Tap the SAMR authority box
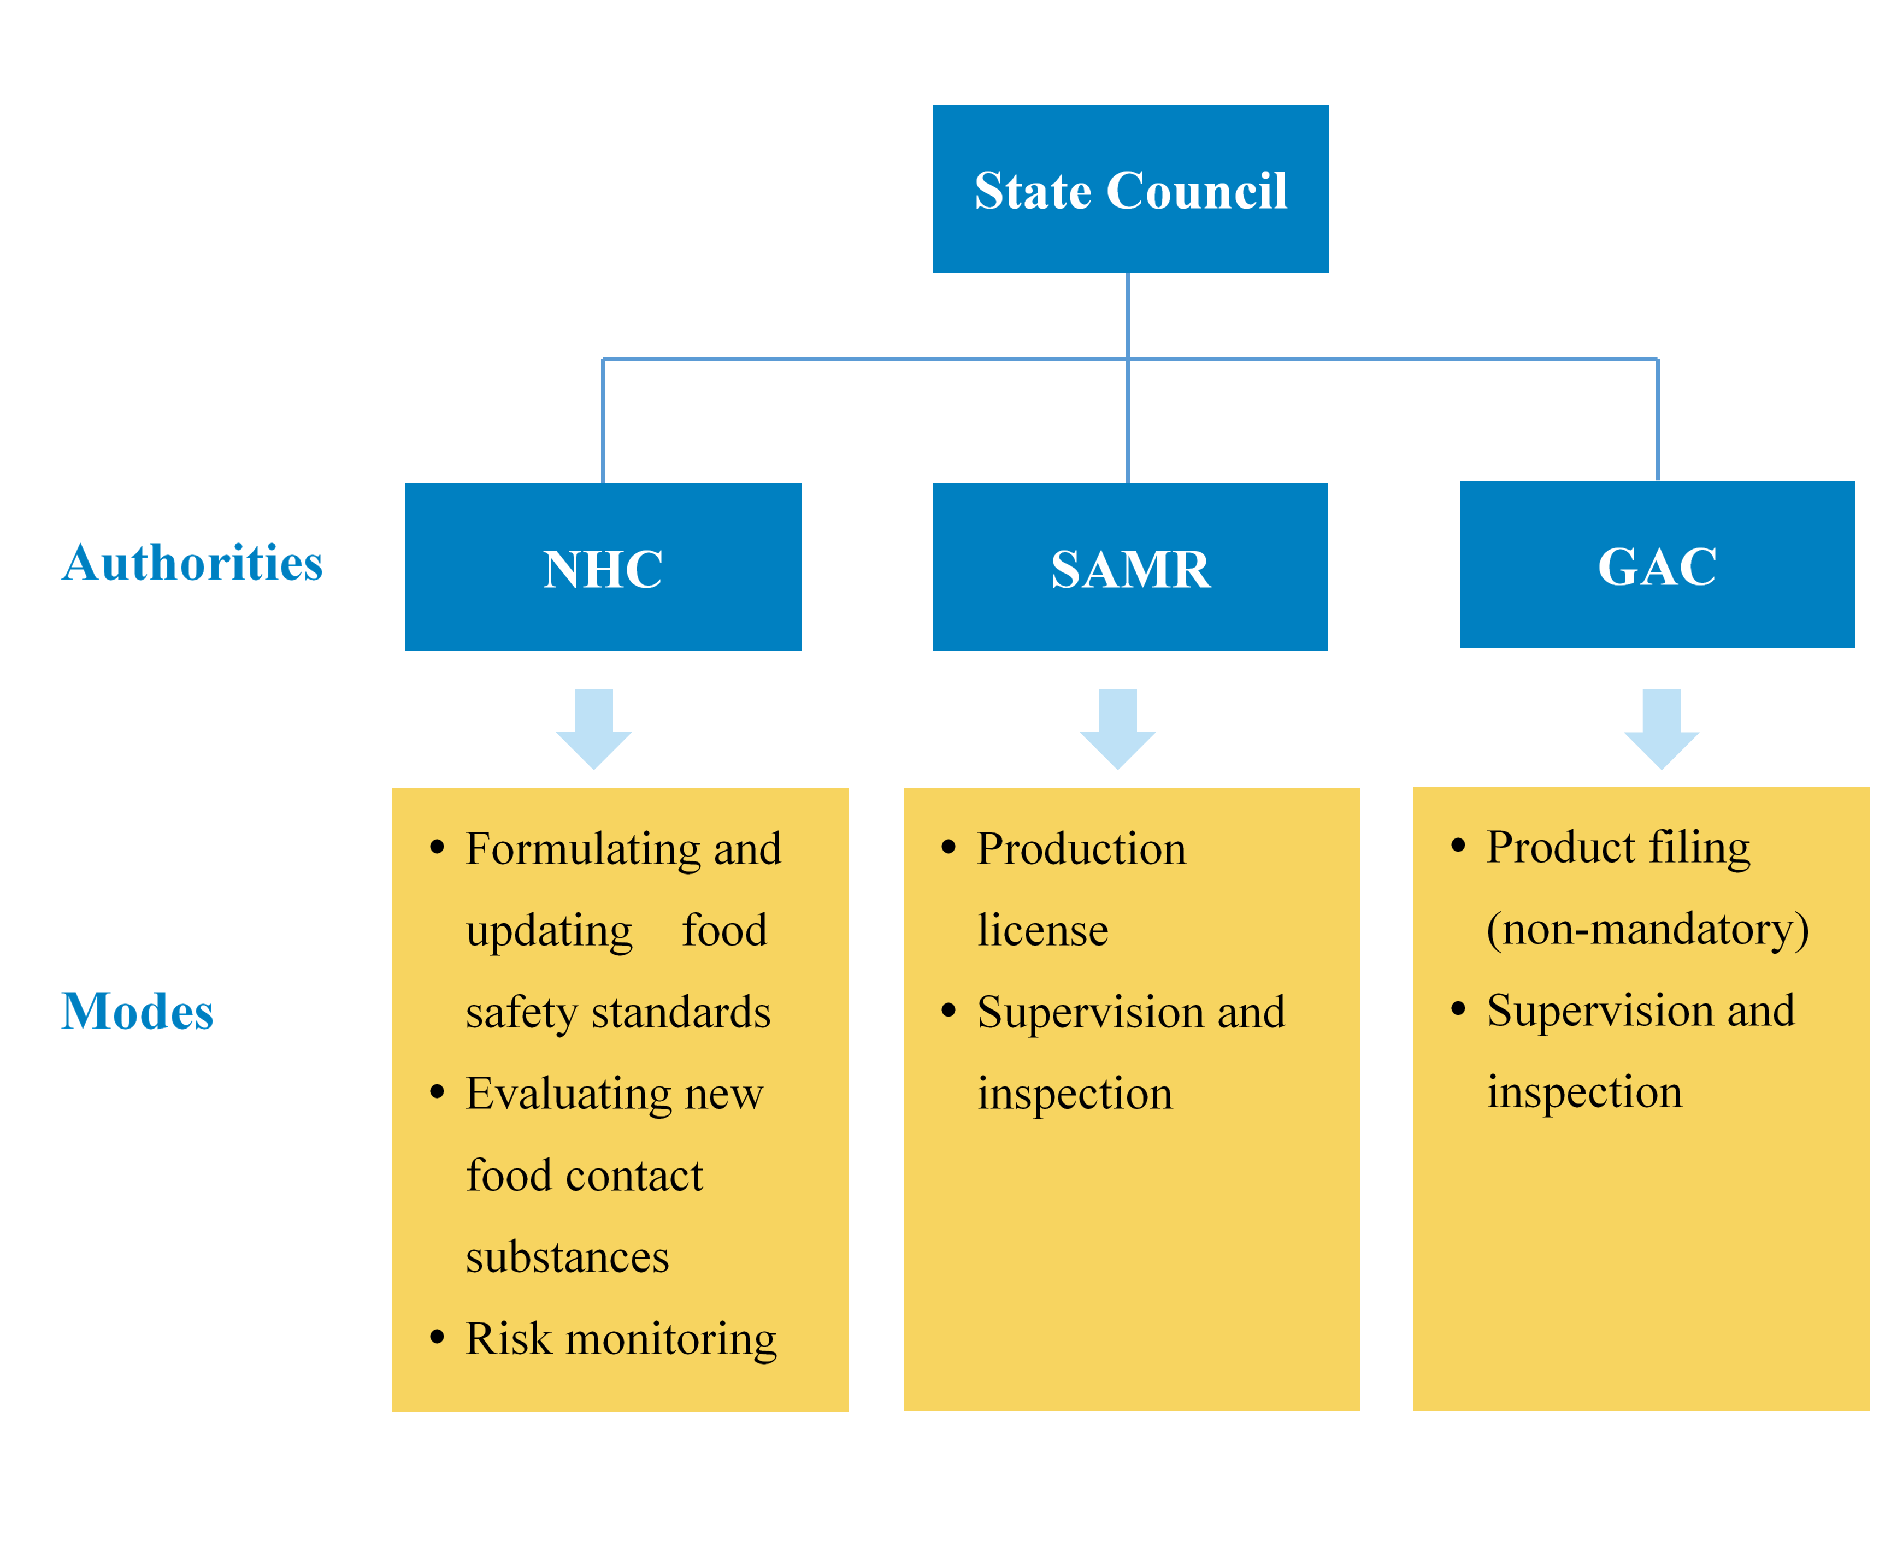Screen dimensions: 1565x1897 point(1130,567)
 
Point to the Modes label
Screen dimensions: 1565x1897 point(137,1012)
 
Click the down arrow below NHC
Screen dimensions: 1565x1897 point(593,728)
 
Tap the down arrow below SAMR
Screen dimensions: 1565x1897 point(1117,728)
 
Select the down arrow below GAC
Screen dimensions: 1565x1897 point(1661,728)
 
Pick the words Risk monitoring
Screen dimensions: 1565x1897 point(620,1339)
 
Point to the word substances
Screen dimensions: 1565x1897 point(567,1257)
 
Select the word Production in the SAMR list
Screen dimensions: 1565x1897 point(1081,850)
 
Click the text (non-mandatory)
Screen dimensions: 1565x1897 point(1647,930)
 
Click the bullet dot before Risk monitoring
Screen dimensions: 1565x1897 point(437,1336)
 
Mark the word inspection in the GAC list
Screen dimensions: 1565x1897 point(1584,1092)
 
